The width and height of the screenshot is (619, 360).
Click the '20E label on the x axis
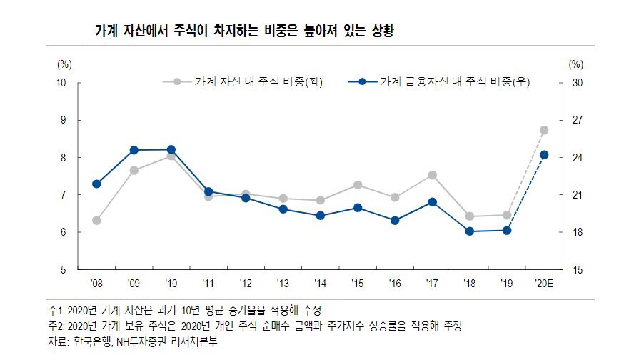(x=543, y=284)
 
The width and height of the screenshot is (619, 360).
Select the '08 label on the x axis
(x=96, y=284)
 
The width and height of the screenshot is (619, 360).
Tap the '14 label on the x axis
(x=320, y=284)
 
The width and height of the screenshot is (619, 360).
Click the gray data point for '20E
(x=544, y=130)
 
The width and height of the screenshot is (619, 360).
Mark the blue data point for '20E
(x=544, y=155)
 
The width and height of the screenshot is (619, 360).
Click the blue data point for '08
(x=96, y=184)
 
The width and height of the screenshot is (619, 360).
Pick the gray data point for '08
(x=96, y=221)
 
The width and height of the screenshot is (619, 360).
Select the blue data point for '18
(x=469, y=231)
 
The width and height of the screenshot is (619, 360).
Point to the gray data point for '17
(x=432, y=175)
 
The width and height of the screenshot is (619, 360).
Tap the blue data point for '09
(x=134, y=150)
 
